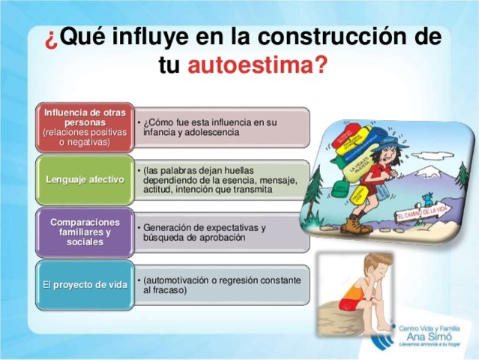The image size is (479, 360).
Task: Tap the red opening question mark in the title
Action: (50, 37)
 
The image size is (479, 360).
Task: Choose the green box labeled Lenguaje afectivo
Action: (85, 179)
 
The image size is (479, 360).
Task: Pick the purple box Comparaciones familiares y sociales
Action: (85, 232)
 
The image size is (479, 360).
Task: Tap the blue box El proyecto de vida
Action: (85, 284)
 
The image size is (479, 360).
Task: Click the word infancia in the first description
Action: (161, 132)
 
